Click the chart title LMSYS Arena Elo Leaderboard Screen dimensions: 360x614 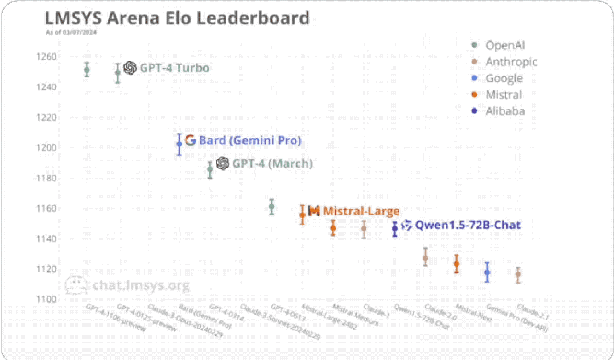click(177, 18)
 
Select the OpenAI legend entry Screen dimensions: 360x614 click(505, 45)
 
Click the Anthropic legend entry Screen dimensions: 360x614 click(510, 62)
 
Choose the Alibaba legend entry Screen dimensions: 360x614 click(505, 111)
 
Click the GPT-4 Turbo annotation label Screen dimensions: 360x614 click(175, 68)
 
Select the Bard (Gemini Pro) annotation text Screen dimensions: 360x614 click(250, 140)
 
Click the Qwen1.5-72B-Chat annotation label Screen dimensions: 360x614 click(467, 225)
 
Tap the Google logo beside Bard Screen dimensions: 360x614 click(190, 140)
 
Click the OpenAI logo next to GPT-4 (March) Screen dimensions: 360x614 click(223, 164)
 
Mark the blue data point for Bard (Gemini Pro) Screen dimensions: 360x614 click(179, 144)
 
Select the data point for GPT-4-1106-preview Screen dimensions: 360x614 click(86, 70)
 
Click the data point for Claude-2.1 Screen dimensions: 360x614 click(518, 275)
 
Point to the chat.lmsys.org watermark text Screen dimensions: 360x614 click(141, 285)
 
